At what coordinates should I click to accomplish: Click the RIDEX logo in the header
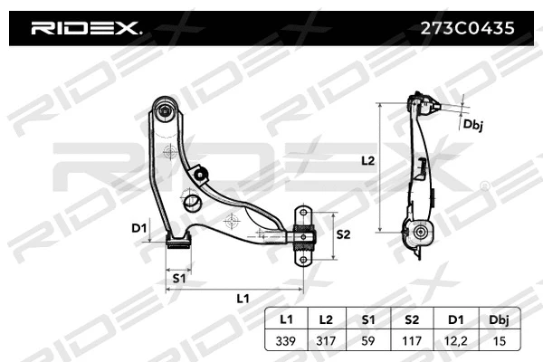[86, 28]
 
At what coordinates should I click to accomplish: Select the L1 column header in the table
[286, 320]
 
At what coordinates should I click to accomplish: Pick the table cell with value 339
[286, 341]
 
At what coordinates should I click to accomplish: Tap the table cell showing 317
[327, 341]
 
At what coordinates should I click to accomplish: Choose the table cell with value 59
[367, 341]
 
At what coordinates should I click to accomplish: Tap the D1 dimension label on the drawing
[138, 228]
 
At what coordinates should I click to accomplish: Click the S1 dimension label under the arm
[179, 279]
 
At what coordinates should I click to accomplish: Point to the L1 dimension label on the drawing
[243, 297]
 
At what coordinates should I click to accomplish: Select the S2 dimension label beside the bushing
[344, 233]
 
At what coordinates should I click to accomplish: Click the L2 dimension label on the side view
[367, 161]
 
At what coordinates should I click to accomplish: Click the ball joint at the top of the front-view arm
[166, 112]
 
